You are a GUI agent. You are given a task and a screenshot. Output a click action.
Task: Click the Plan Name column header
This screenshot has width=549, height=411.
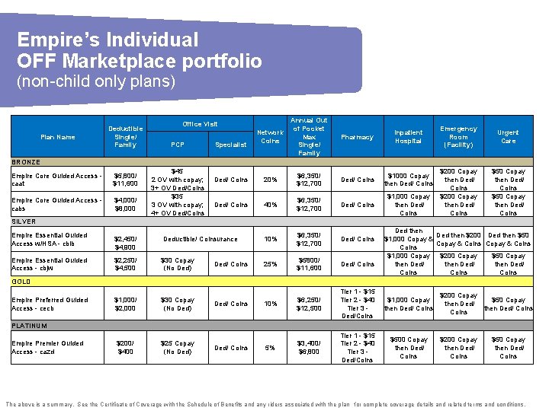coord(58,137)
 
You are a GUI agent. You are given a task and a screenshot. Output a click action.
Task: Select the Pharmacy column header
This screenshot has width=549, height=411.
coord(357,137)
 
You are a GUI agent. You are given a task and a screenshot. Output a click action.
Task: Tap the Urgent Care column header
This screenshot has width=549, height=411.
coord(508,137)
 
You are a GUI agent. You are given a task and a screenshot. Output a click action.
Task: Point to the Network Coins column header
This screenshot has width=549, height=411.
coord(270,137)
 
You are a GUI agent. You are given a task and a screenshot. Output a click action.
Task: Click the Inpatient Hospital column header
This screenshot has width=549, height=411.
coord(408,137)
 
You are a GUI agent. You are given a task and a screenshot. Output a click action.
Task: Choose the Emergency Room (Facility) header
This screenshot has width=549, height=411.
coord(458,137)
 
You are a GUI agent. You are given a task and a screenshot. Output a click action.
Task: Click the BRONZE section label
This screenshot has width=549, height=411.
coord(26,162)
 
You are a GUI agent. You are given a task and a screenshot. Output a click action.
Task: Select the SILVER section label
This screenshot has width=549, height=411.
coord(24,221)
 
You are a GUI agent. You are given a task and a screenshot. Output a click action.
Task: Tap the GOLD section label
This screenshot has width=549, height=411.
coord(21,281)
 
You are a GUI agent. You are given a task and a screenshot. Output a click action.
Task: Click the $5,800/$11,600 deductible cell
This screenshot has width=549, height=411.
coord(125,180)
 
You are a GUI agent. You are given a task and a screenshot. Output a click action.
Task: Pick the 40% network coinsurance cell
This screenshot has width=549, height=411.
coord(270,205)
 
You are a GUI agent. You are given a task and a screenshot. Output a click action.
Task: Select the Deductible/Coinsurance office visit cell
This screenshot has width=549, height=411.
coord(201,240)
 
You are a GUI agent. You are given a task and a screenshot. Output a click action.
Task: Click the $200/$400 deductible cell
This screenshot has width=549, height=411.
coord(125,348)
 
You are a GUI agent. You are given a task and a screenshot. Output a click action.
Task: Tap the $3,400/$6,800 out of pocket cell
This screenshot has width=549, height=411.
coord(309,348)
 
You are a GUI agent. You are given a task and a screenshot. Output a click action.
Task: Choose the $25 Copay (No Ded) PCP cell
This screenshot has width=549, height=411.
coord(177,348)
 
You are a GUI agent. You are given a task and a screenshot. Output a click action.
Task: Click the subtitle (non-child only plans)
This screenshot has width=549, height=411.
coord(95,81)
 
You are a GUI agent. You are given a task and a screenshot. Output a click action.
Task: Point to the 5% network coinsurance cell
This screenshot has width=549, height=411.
coord(270,348)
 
